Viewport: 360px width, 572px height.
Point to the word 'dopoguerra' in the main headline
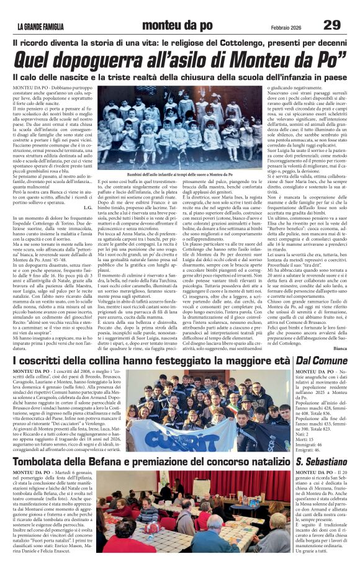104,60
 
